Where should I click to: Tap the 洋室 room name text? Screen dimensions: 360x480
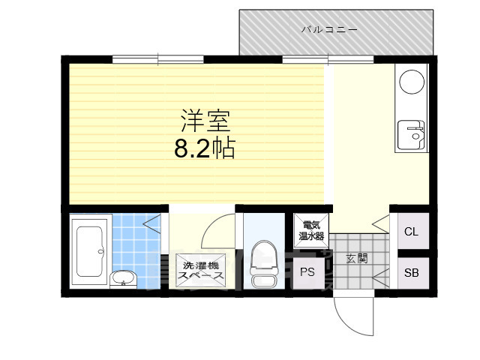204,120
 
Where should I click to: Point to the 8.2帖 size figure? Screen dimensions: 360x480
204,148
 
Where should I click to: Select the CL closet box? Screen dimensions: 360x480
411,231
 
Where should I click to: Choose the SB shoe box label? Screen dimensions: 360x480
411,272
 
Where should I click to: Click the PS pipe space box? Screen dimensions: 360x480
307,272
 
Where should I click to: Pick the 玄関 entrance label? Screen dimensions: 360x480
357,258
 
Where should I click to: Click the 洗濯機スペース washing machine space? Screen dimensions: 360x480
200,271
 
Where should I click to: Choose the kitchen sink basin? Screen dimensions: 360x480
412,136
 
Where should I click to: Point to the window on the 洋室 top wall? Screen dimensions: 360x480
157,59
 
